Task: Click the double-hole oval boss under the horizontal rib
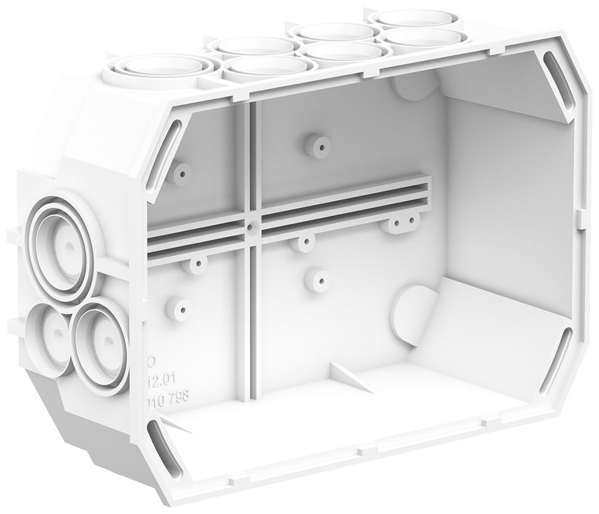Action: [x=403, y=224]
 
